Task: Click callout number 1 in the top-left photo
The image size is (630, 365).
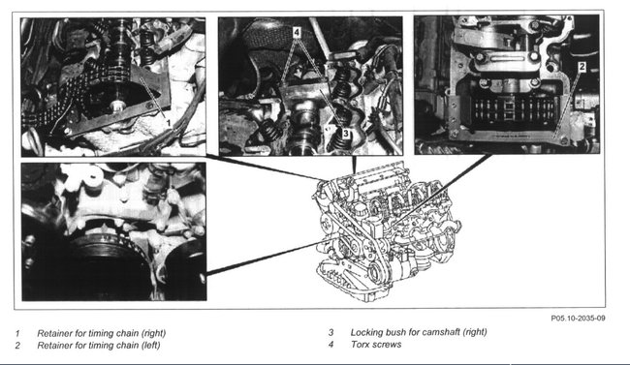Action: pos(169,122)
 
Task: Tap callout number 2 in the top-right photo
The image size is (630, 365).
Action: pos(583,67)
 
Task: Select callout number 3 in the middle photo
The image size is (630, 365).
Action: pos(346,133)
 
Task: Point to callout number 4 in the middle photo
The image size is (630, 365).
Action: pos(297,32)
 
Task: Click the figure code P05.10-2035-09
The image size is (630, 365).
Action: pos(578,318)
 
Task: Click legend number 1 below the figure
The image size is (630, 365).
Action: pos(17,333)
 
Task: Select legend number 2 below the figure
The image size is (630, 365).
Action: pos(17,346)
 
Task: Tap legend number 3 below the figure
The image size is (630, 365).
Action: pos(331,332)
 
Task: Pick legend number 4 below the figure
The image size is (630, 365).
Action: pos(331,345)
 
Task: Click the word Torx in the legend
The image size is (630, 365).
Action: pos(359,345)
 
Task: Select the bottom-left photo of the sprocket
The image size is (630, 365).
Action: pos(114,231)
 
